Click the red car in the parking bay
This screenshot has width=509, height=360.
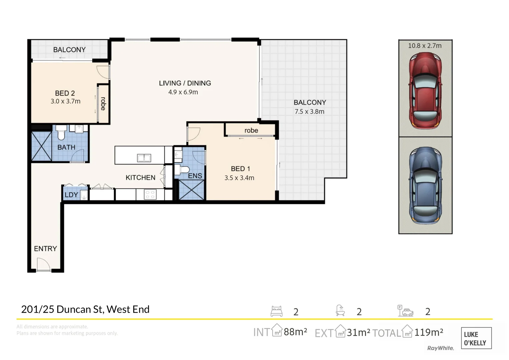425,91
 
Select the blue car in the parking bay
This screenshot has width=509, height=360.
425,185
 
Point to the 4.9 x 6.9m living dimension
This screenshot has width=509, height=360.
183,92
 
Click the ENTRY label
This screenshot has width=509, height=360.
45,249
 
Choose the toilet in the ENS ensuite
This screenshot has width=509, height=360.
182,170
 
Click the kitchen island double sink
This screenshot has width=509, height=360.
144,158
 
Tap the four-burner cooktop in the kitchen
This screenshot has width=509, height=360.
150,195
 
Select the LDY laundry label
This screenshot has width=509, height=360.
71,195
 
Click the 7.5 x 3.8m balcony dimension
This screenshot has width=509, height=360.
309,112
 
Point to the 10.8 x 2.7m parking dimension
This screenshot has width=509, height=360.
425,46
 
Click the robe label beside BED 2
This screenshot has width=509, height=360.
103,104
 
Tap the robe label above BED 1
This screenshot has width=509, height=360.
251,130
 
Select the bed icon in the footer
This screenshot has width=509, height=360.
276,311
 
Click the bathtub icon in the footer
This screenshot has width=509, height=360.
340,310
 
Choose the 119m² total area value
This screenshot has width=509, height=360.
429,332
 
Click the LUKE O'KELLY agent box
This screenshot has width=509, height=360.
476,338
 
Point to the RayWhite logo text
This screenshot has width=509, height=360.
440,348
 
